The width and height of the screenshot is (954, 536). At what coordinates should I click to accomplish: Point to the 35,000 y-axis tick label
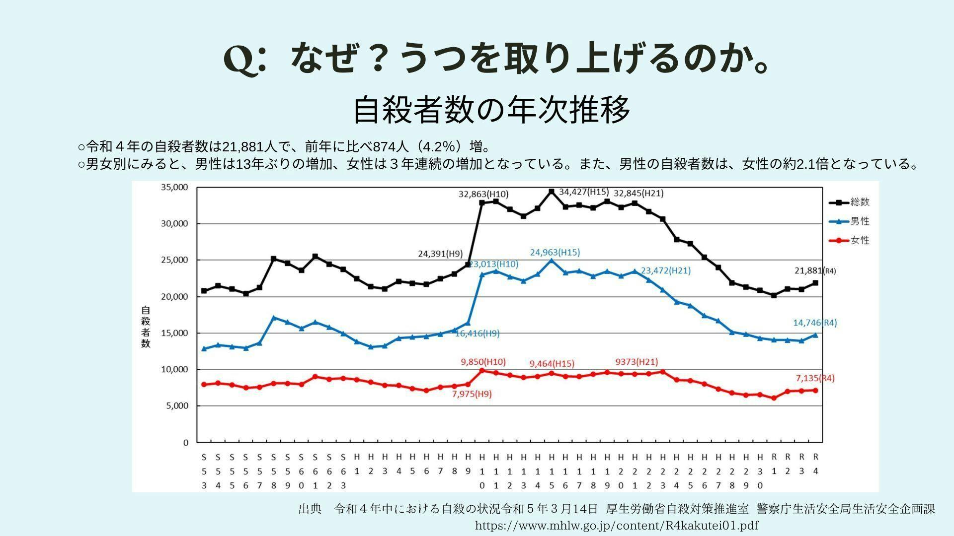pyautogui.click(x=174, y=187)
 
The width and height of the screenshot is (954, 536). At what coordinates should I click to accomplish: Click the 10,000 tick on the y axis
pyautogui.click(x=174, y=369)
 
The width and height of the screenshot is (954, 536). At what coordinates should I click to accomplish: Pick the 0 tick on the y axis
pyautogui.click(x=186, y=442)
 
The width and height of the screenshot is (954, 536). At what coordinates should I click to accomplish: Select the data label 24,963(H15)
pyautogui.click(x=555, y=252)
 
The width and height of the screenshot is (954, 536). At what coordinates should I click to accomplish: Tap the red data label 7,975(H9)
pyautogui.click(x=472, y=394)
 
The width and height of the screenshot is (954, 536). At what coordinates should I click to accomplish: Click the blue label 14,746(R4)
pyautogui.click(x=814, y=323)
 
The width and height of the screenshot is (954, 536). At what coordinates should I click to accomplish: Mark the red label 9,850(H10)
pyautogui.click(x=483, y=362)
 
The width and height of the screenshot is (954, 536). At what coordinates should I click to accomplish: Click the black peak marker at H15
pyautogui.click(x=551, y=191)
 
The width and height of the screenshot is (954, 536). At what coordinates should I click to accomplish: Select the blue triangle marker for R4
pyautogui.click(x=815, y=335)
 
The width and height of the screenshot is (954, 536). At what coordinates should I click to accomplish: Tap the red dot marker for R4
pyautogui.click(x=815, y=390)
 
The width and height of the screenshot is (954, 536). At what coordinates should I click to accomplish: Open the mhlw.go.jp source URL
pyautogui.click(x=617, y=526)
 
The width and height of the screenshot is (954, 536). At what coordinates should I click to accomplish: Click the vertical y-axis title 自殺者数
pyautogui.click(x=145, y=327)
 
